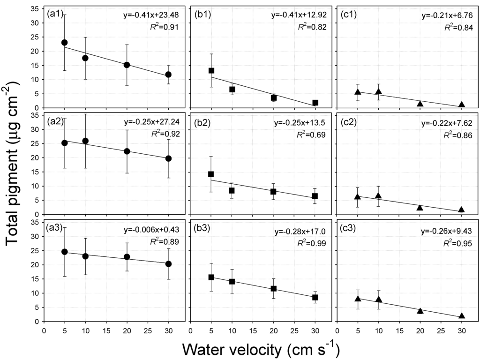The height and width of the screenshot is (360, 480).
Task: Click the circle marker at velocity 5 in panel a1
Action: [65, 43]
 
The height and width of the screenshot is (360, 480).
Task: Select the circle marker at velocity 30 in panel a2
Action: [169, 158]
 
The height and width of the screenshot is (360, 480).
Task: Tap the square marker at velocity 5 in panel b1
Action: [211, 70]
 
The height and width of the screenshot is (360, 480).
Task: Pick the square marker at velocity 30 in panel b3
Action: [315, 297]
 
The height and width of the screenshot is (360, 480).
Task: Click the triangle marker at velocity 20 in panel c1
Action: [420, 104]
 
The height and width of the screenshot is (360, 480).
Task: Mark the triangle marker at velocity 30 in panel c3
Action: [462, 316]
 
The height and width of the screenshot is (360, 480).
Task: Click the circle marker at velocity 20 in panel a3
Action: [127, 257]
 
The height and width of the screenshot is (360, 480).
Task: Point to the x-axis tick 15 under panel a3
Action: [106, 329]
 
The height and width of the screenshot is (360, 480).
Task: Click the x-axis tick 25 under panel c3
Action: [441, 329]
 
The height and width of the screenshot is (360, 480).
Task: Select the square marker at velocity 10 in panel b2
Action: [232, 190]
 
